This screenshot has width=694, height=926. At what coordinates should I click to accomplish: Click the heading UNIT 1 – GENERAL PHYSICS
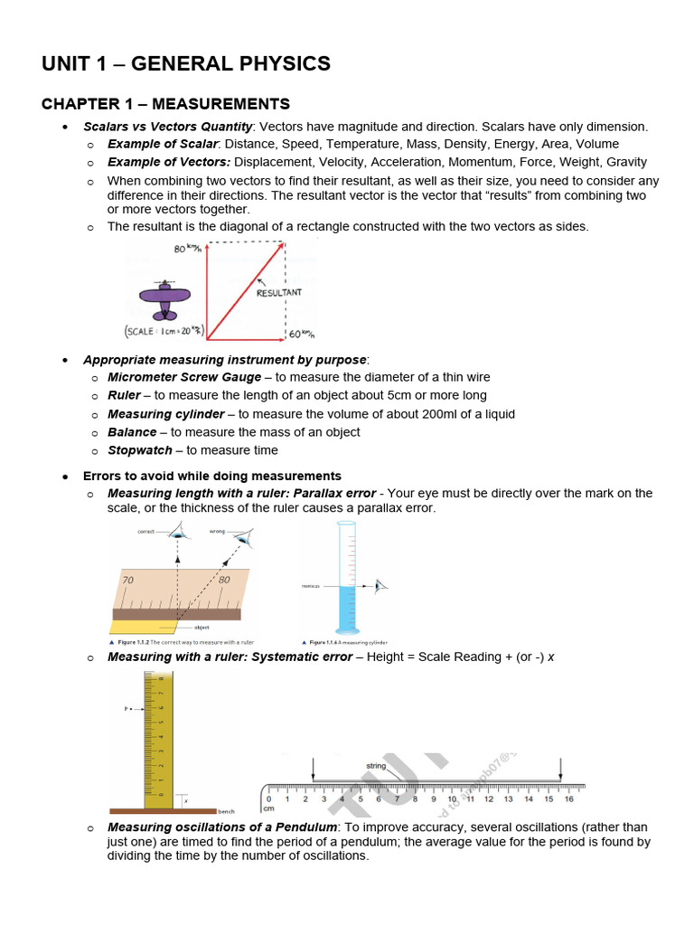pyautogui.click(x=186, y=64)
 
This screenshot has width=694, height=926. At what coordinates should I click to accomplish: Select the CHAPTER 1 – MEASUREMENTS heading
pyautogui.click(x=165, y=104)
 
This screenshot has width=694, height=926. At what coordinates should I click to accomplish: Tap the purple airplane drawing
pyautogui.click(x=164, y=299)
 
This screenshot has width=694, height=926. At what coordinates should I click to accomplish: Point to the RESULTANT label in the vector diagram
pyautogui.click(x=279, y=293)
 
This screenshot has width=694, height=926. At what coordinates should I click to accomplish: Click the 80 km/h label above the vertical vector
pyautogui.click(x=186, y=248)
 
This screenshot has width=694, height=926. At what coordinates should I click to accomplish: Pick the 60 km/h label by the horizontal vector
pyautogui.click(x=301, y=335)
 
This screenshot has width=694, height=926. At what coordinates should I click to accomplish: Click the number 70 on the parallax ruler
pyautogui.click(x=127, y=579)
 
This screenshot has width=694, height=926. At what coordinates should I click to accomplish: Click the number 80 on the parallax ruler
pyautogui.click(x=224, y=579)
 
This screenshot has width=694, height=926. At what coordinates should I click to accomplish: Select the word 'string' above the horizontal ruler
pyautogui.click(x=376, y=766)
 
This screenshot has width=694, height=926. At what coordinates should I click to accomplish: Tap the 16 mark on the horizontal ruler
pyautogui.click(x=569, y=798)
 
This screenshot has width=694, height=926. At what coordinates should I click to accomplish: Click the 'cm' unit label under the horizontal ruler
pyautogui.click(x=268, y=808)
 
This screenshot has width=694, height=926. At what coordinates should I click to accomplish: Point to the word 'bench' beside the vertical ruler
pyautogui.click(x=226, y=812)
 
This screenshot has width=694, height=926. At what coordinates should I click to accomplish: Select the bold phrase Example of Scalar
pyautogui.click(x=163, y=144)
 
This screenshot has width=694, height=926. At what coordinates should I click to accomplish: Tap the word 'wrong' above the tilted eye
pyautogui.click(x=218, y=532)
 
